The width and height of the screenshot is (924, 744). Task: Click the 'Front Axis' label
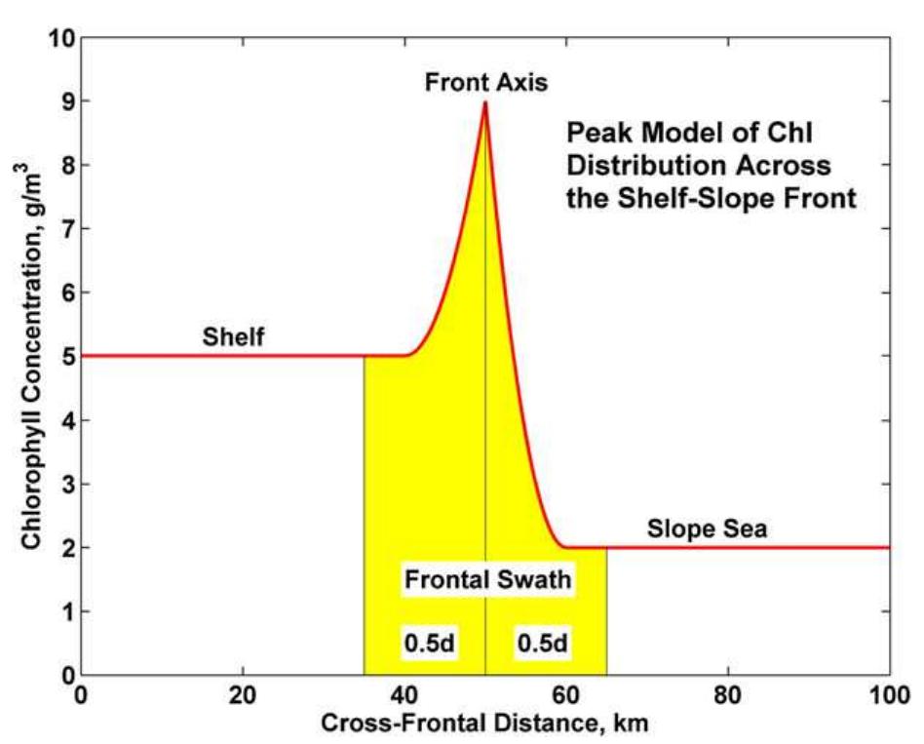pos(486,83)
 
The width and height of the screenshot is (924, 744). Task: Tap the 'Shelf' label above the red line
pos(234,338)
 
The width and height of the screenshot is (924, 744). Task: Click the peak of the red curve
pos(485,102)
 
